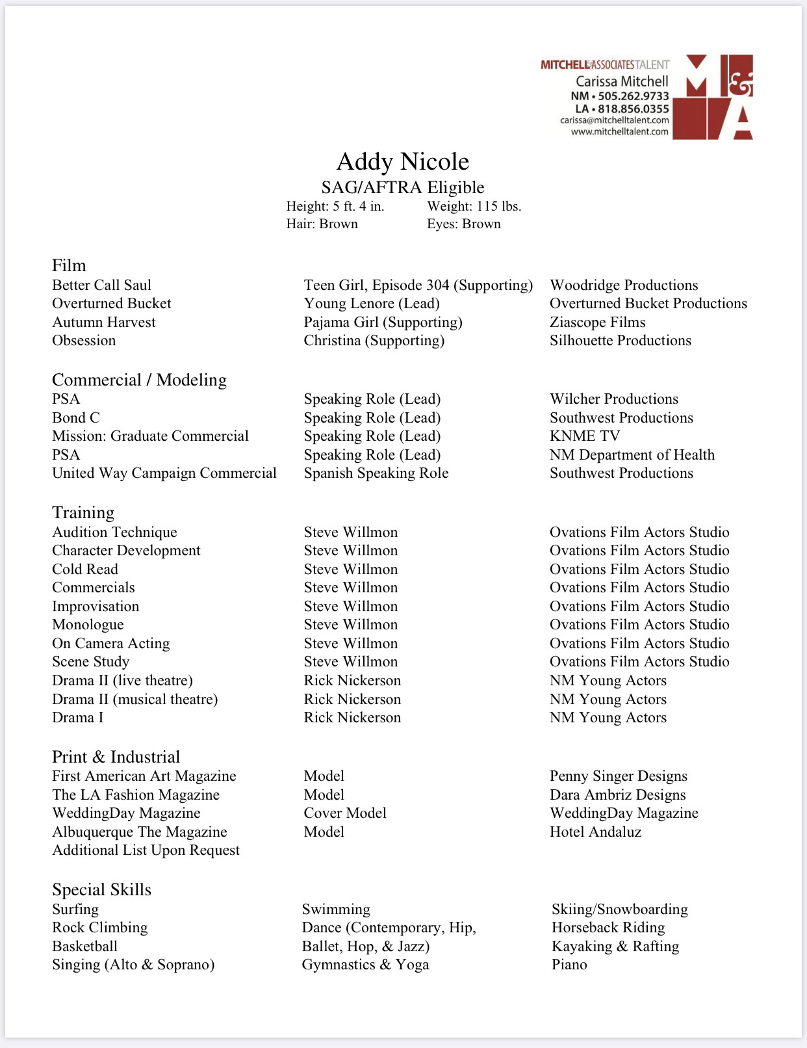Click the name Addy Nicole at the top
pos(402,162)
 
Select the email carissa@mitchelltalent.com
pos(614,120)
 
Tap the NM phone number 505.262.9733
pos(633,96)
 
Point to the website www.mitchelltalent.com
pos(619,131)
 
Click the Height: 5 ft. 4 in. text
pos(335,206)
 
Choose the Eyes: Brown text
pos(463,224)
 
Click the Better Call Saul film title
pos(101,285)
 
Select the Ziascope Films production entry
pos(597,322)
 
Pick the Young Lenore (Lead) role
pos(371,303)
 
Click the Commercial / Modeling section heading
pos(139,380)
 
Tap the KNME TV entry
pos(585,436)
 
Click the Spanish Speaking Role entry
pos(376,473)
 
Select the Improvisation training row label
pos(96,606)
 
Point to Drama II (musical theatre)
pos(134,699)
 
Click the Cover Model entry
pos(344,813)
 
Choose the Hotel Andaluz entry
pos(595,832)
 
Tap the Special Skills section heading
pos(101,889)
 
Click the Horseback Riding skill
pos(608,927)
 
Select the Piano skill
pos(569,964)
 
